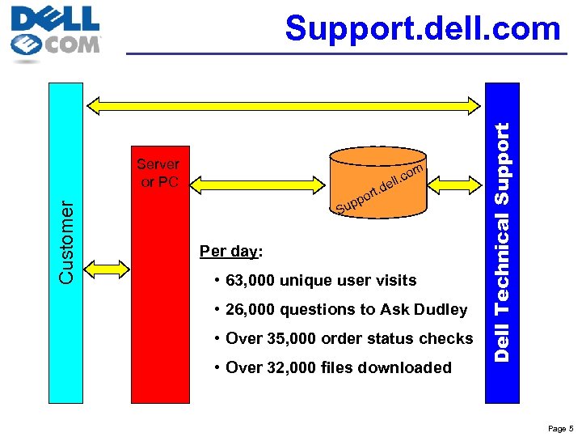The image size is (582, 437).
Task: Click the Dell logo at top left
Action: (55, 33)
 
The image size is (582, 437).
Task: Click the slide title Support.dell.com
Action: (422, 29)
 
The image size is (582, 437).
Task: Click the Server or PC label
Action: (159, 173)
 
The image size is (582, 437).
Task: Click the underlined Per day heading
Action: (230, 251)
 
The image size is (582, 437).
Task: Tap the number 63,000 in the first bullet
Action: (251, 281)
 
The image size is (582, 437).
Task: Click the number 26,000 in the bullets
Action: (251, 310)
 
